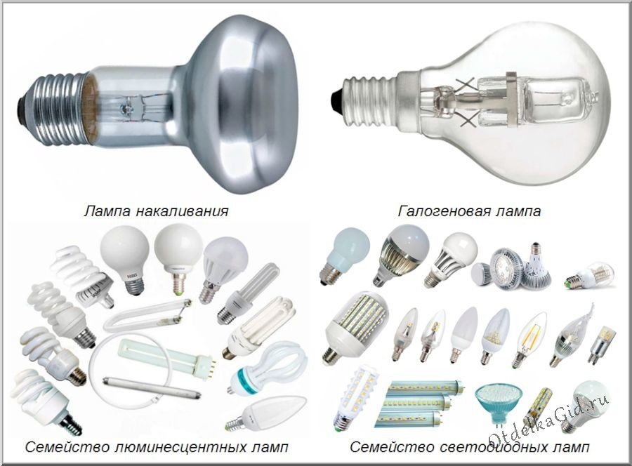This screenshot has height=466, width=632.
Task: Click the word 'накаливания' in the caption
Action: click(182, 211)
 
